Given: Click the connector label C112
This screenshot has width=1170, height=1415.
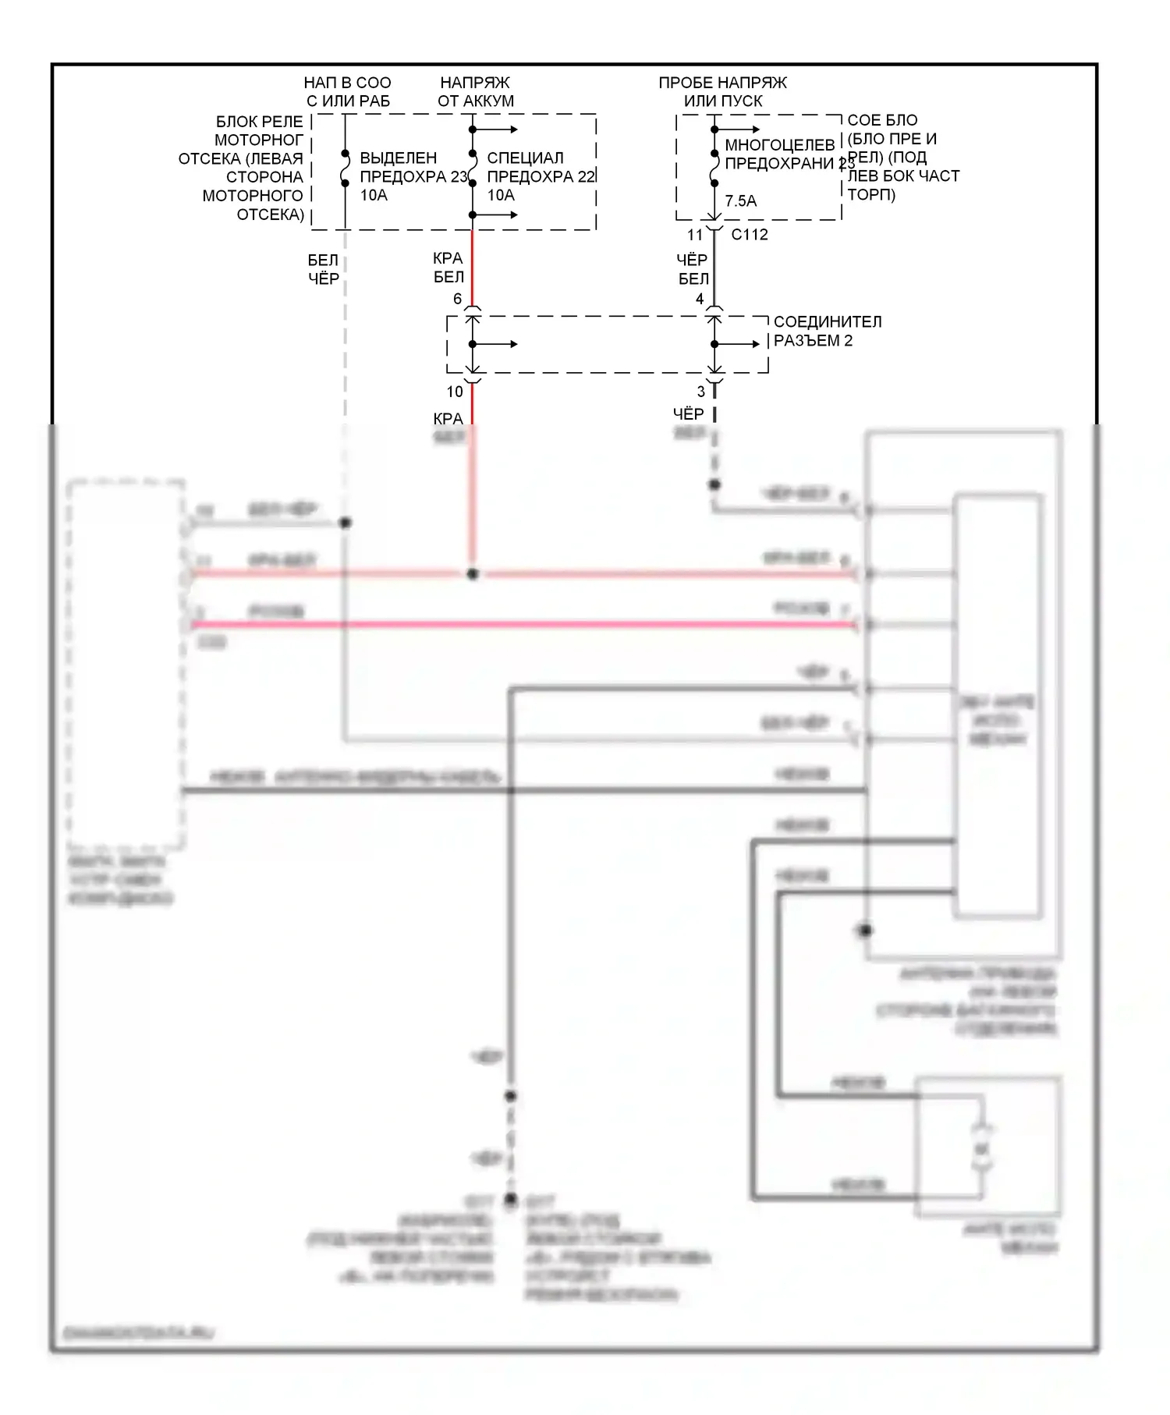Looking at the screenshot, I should [x=749, y=235].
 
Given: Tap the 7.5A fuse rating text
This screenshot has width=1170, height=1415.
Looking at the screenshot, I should [x=740, y=201].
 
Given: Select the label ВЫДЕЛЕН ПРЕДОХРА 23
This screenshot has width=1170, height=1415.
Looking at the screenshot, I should [x=413, y=168].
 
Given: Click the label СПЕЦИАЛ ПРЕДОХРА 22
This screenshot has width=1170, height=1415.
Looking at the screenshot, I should [x=541, y=168].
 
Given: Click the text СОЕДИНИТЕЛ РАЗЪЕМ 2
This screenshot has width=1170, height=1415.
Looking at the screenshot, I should [x=827, y=331].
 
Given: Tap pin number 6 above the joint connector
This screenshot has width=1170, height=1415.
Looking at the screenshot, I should [x=457, y=299].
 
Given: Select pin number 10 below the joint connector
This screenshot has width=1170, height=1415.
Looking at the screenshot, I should [x=455, y=392].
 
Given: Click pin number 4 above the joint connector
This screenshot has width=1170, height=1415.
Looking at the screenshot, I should [x=700, y=299].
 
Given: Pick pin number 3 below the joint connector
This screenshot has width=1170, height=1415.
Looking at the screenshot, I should [x=700, y=392].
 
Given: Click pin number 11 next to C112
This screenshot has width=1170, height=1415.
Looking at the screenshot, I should [x=694, y=235].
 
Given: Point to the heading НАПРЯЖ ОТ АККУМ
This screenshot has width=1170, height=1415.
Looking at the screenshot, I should [x=475, y=91].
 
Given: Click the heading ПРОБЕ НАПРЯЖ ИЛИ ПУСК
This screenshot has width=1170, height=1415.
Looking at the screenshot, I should [x=722, y=91].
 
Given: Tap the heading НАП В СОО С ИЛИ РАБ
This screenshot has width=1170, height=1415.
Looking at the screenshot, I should [x=347, y=91].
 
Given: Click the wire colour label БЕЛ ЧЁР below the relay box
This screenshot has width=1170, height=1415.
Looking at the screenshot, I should [x=323, y=269].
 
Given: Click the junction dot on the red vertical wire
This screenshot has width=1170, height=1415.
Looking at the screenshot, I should [x=472, y=574].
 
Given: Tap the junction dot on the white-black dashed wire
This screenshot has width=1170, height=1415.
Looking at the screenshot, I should [x=345, y=523].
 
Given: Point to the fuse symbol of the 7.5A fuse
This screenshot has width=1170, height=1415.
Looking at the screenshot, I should [x=714, y=168].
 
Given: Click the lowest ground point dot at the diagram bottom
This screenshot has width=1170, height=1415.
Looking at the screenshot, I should [x=510, y=1198].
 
